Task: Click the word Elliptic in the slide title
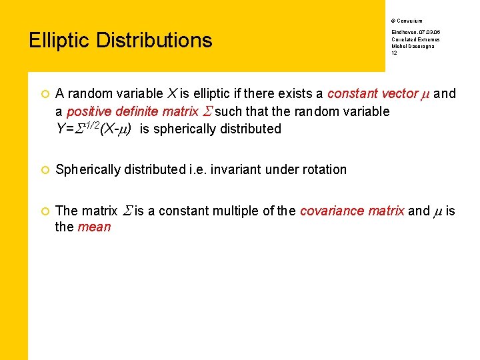(60, 41)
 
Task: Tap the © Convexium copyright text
(407, 21)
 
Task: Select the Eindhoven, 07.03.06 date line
(415, 32)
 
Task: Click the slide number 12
(394, 53)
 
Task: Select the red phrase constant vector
(372, 94)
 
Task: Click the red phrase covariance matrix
(352, 211)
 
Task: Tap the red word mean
(94, 227)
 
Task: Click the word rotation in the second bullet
(325, 170)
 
